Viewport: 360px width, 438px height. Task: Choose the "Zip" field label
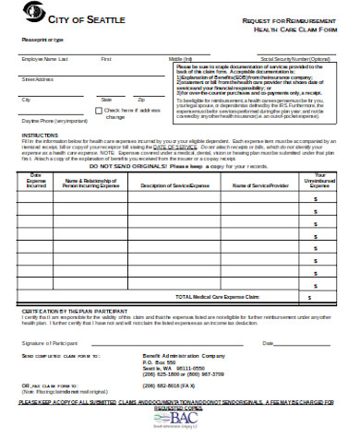pyautogui.click(x=140, y=99)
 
